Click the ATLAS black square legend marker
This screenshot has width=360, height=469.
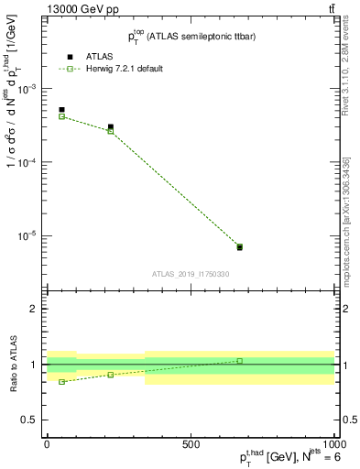pyautogui.click(x=70, y=57)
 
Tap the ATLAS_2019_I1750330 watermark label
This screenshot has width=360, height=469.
pyautogui.click(x=191, y=274)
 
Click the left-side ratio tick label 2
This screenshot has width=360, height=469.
pyautogui.click(x=34, y=310)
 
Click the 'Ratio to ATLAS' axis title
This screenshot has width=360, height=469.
pyautogui.click(x=13, y=364)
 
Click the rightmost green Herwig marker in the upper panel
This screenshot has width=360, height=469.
pyautogui.click(x=239, y=246)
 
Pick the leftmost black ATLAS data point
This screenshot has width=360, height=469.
pyautogui.click(x=61, y=110)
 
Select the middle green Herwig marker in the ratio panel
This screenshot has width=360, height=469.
pyautogui.click(x=111, y=375)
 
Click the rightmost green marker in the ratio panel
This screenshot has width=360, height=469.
pyautogui.click(x=239, y=361)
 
